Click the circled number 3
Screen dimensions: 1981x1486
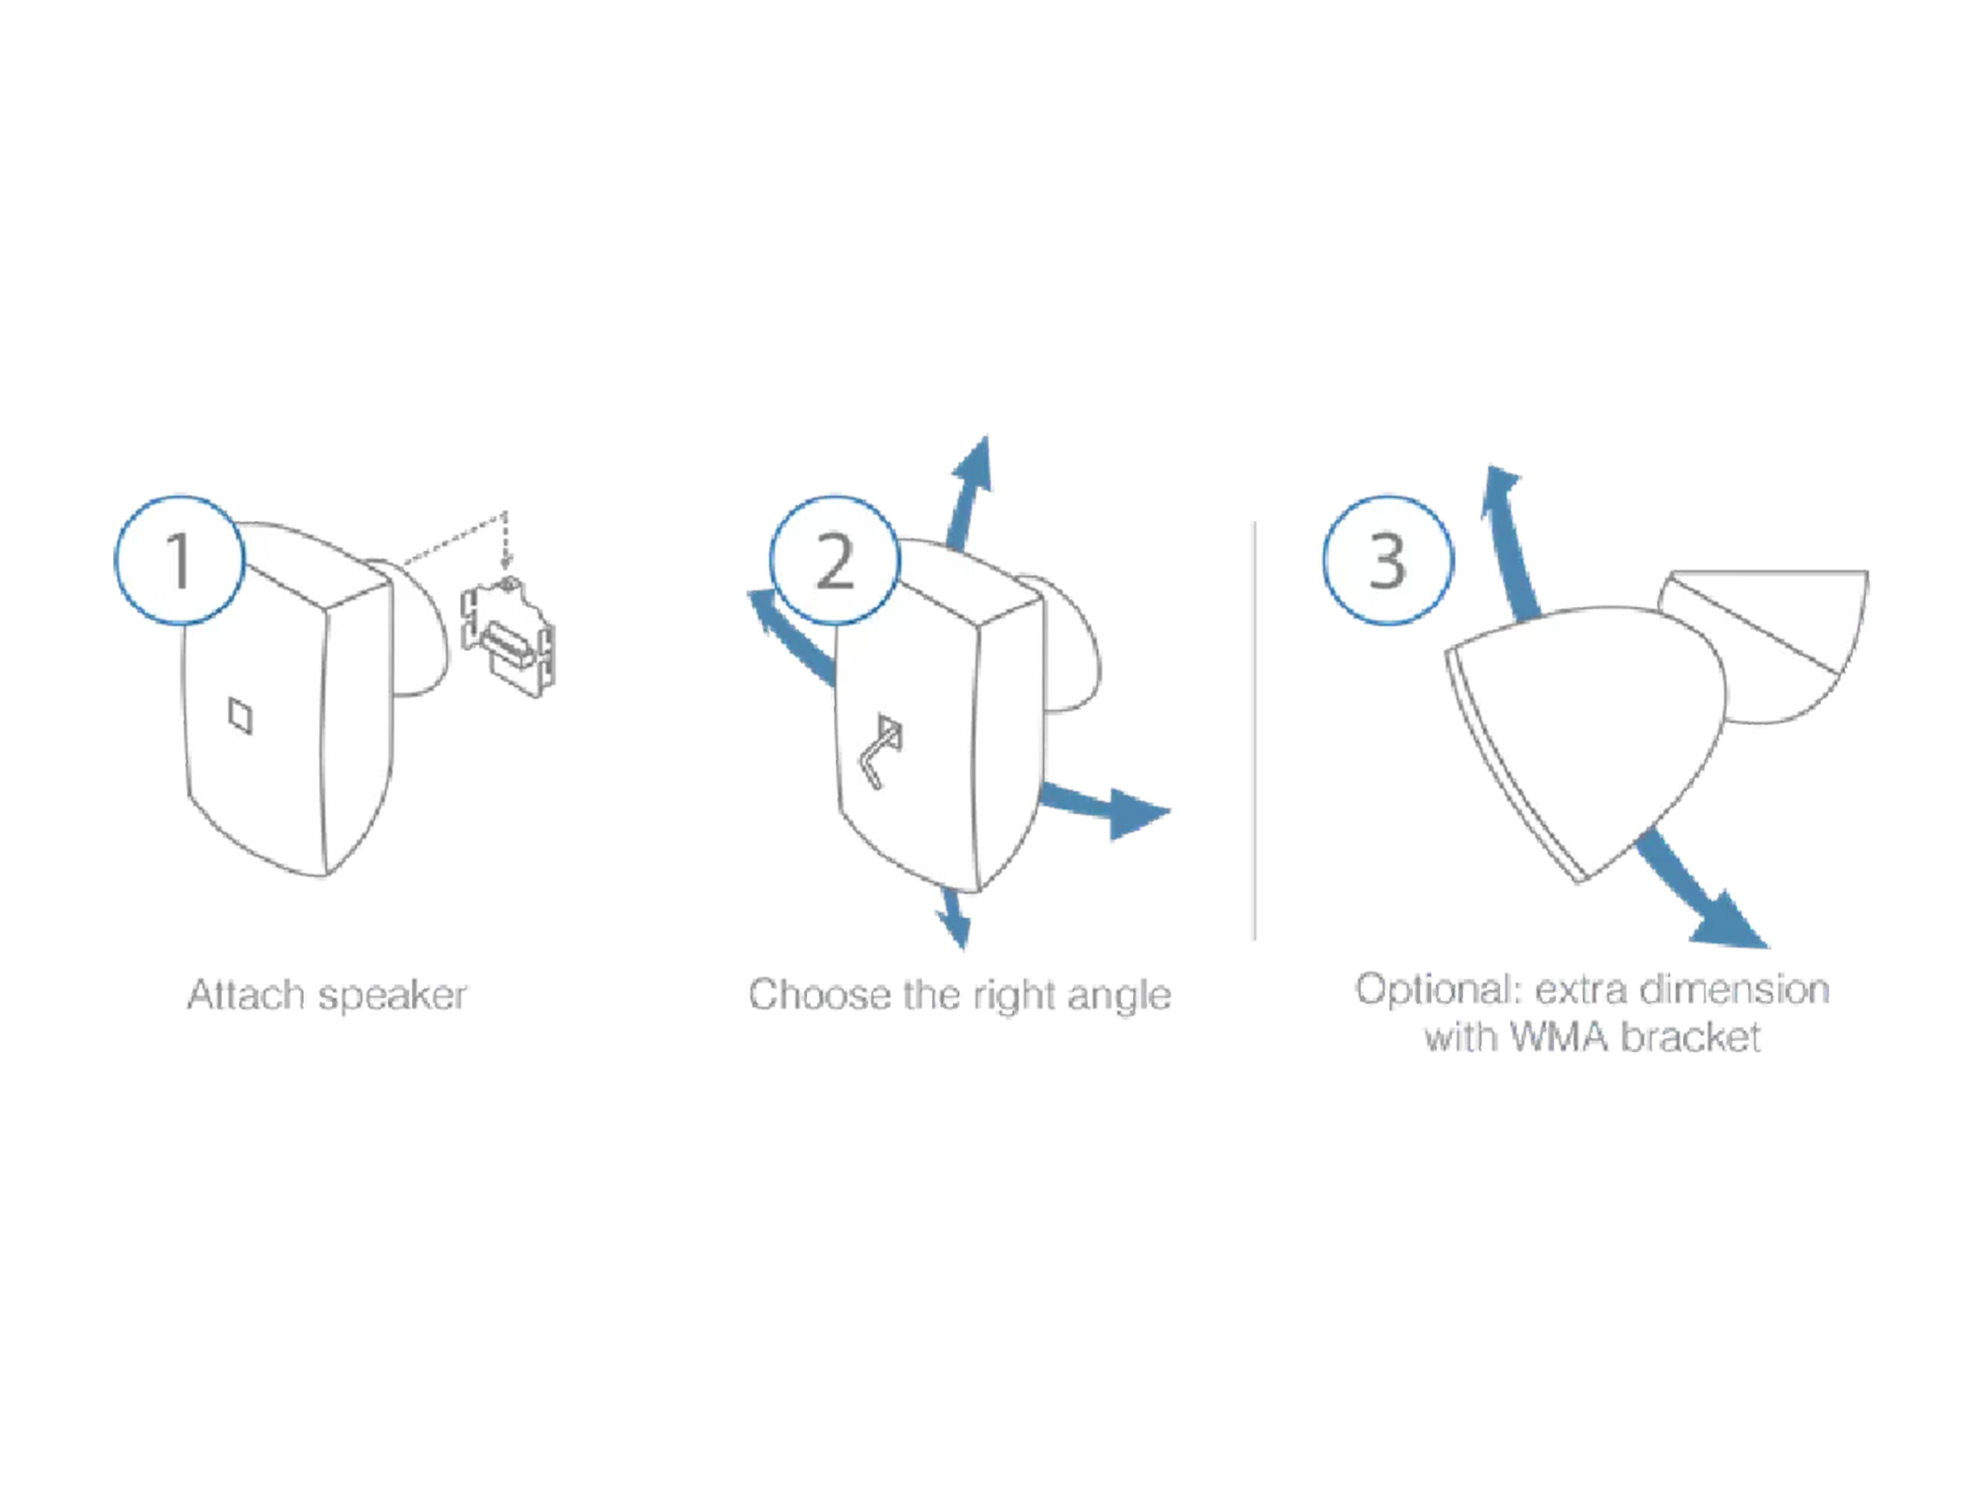1387,559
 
